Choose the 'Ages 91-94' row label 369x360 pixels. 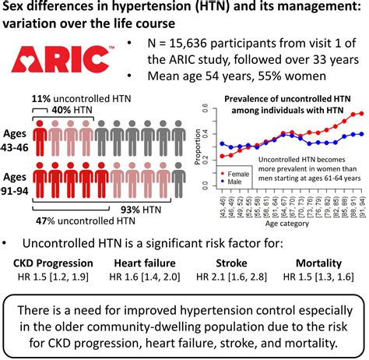[x=16, y=172]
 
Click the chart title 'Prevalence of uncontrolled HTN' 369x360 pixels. [x=288, y=100]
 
